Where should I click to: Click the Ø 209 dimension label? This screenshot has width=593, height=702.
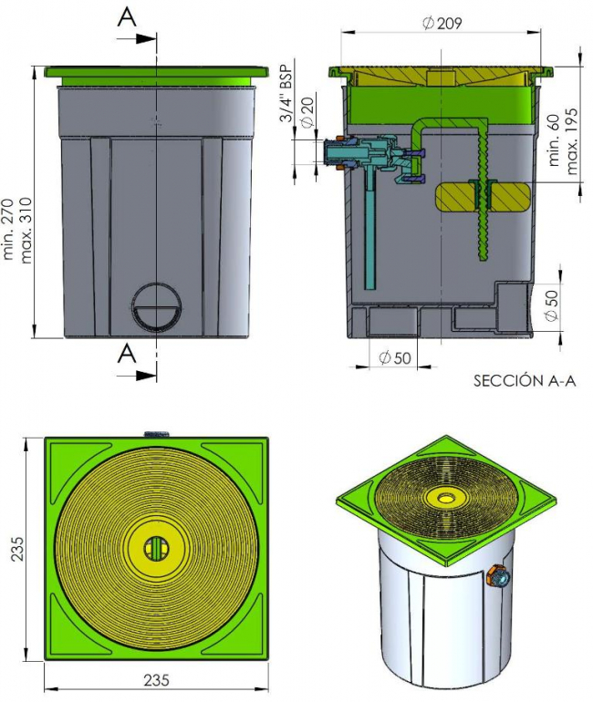tap(442, 23)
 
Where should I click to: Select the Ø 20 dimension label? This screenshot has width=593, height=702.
tap(307, 113)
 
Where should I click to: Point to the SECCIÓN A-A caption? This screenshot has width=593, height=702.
tap(525, 380)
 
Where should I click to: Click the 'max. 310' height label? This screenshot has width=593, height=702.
tap(26, 230)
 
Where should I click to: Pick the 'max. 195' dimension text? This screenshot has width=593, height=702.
tap(571, 140)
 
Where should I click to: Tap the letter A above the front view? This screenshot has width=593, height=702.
tap(127, 17)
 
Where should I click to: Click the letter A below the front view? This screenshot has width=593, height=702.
tap(127, 354)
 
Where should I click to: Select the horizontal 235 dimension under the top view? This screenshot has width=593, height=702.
tap(156, 679)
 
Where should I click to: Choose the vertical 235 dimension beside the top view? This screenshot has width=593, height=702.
tap(17, 548)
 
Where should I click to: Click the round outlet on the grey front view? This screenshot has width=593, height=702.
tap(157, 307)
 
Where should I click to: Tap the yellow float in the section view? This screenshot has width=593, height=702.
tap(483, 197)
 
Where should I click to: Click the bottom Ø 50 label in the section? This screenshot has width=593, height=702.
tap(395, 357)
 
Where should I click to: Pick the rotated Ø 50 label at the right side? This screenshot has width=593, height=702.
tap(552, 305)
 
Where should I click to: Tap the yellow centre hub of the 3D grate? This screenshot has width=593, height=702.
tap(445, 497)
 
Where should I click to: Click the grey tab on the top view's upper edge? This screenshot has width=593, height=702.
tap(156, 433)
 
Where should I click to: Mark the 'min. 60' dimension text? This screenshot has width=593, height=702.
tap(554, 140)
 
